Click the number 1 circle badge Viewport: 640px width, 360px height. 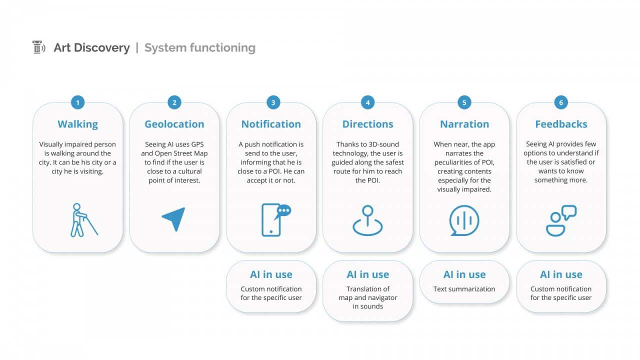click(77, 102)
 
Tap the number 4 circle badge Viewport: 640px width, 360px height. click(367, 102)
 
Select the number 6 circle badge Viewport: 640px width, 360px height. click(561, 102)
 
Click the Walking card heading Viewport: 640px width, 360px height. click(77, 124)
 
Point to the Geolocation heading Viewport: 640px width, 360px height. click(174, 124)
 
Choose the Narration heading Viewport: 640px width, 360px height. click(464, 124)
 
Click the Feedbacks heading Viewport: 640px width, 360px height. click(561, 124)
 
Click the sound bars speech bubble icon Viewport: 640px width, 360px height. click(464, 220)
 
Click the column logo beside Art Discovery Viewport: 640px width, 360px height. click(38, 47)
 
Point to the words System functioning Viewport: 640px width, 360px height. click(199, 47)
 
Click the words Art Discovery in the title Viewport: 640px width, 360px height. click(91, 47)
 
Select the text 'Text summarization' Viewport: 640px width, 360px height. click(464, 289)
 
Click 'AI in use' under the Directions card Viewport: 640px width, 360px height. click(367, 274)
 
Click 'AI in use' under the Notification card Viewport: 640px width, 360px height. click(271, 274)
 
